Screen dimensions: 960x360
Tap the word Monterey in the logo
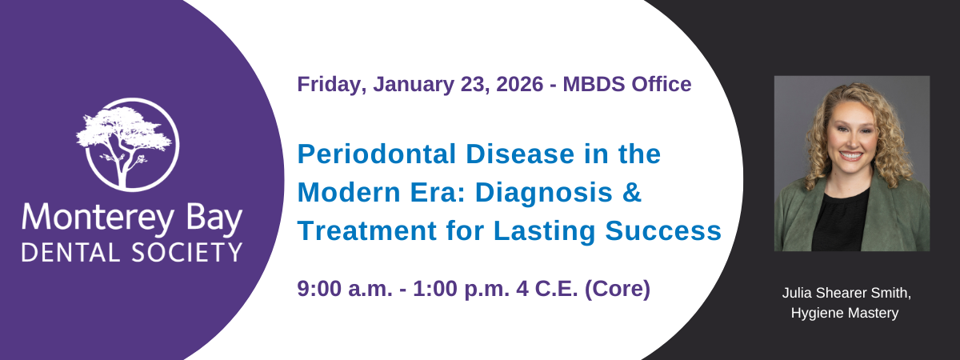(x=98, y=218)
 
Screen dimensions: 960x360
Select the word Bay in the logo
(x=214, y=218)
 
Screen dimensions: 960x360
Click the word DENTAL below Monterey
(x=70, y=253)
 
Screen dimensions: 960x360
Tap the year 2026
(x=519, y=84)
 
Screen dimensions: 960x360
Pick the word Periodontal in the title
(x=376, y=154)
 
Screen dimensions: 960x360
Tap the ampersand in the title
(x=632, y=193)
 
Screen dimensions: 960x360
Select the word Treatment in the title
(x=367, y=230)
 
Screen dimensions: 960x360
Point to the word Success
(x=663, y=230)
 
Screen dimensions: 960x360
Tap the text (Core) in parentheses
(x=618, y=289)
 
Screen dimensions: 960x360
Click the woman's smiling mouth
(x=851, y=155)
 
